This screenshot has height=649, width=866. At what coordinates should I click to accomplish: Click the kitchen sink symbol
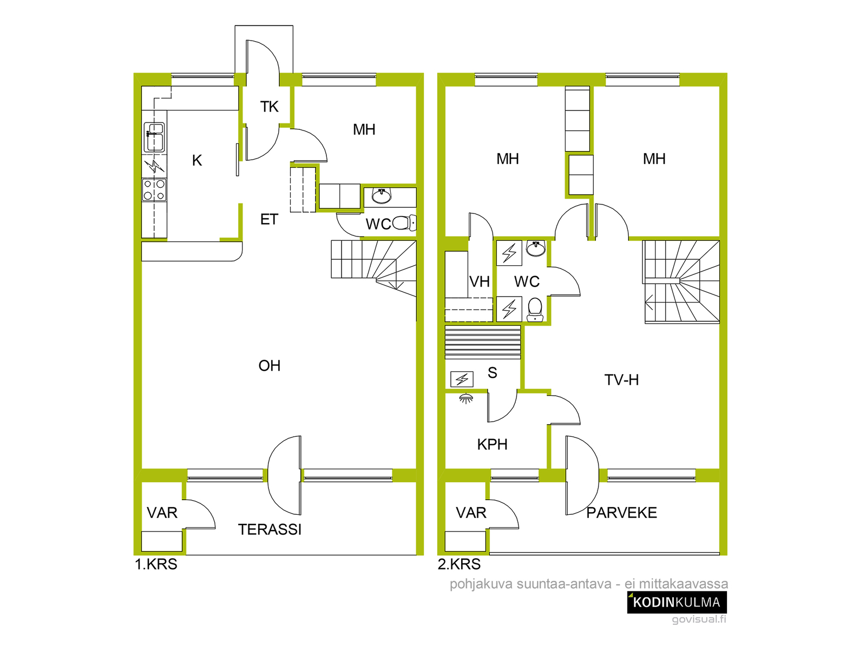(154, 137)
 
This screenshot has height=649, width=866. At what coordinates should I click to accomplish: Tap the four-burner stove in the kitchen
(154, 190)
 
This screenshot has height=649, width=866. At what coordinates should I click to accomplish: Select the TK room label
(269, 107)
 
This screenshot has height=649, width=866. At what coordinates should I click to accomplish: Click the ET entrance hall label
(269, 219)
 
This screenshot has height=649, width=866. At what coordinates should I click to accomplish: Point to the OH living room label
(270, 366)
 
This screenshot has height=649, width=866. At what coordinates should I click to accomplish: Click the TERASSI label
(270, 529)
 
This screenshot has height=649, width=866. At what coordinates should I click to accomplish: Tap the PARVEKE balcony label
(621, 513)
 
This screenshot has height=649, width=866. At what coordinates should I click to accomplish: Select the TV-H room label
(621, 379)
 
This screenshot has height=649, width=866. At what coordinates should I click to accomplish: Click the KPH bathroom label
(492, 444)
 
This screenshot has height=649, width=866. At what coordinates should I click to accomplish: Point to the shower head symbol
(467, 398)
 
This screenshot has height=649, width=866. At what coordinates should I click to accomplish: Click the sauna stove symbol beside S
(462, 379)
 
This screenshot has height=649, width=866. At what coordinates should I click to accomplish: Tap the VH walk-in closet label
(480, 281)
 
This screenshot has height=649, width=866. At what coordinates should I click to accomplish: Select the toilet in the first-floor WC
(404, 223)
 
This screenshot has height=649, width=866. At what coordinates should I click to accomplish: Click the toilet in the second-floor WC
(535, 309)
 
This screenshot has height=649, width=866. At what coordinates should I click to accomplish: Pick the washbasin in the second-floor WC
(536, 248)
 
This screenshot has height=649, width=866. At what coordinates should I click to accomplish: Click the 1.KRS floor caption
(156, 564)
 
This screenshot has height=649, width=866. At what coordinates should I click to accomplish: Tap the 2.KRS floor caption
(459, 564)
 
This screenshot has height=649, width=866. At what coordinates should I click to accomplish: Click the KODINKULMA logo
(677, 602)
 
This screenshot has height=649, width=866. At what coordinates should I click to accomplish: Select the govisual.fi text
(699, 619)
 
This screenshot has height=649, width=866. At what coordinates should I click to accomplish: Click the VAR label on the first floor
(162, 513)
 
